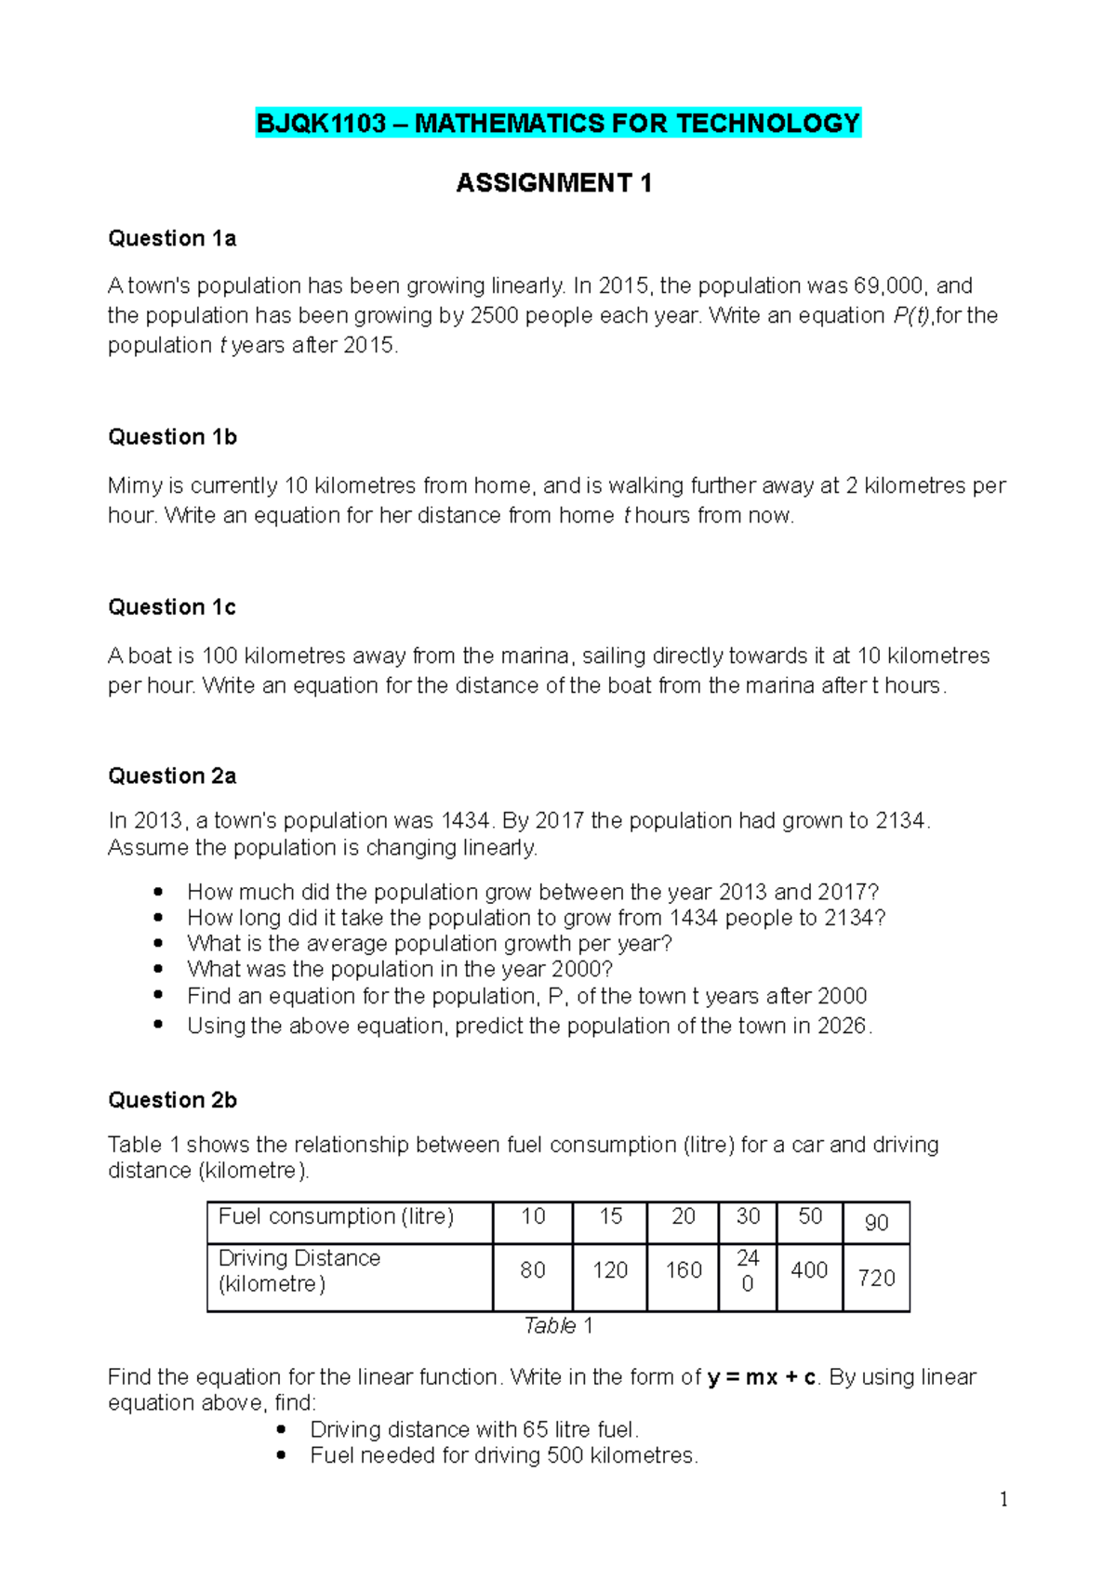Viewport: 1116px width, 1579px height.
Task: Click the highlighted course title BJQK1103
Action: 558,124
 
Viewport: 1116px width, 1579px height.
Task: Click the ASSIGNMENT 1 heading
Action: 553,183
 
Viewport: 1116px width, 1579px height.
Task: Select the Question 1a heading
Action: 172,239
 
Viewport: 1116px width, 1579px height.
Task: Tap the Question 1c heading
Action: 172,607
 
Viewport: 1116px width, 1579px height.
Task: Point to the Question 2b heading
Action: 172,1100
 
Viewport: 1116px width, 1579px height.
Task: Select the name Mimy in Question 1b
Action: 135,485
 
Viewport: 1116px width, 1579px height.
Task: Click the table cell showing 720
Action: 876,1279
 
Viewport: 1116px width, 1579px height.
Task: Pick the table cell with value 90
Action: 876,1223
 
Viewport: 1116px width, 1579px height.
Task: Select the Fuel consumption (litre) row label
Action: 336,1216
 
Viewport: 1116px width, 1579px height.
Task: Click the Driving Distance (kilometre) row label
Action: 299,1271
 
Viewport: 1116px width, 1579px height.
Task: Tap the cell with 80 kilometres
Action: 533,1270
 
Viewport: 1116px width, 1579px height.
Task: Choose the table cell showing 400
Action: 809,1270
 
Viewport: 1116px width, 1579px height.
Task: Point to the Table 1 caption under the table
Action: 558,1326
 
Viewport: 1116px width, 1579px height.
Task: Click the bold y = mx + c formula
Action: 762,1377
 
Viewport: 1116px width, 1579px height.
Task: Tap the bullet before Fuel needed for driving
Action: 282,1455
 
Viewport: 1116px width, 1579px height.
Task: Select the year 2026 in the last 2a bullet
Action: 842,1027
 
